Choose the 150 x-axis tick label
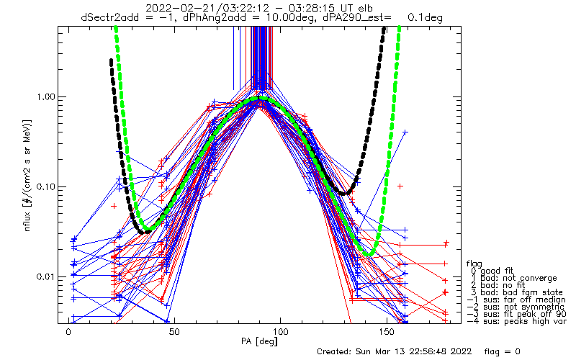[387, 333]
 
